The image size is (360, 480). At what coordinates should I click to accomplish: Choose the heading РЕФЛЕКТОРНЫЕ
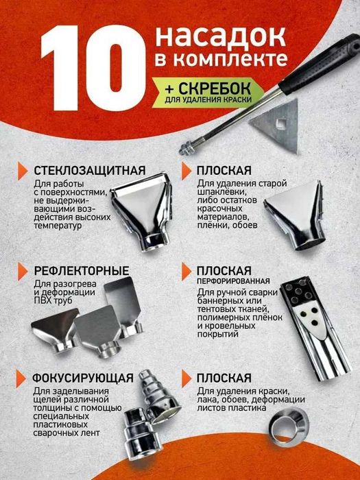[x=82, y=270]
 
